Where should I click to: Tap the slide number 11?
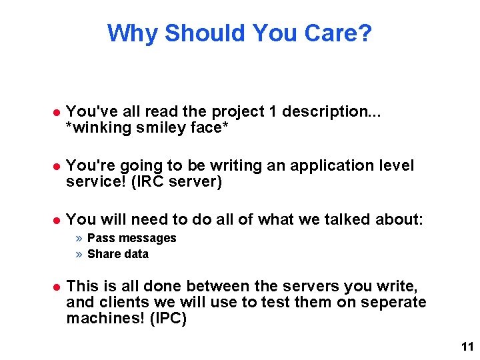click(x=466, y=347)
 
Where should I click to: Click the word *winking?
click(x=95, y=127)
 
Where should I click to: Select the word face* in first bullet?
click(x=211, y=127)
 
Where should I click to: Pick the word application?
click(x=333, y=165)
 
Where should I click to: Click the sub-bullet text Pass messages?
click(x=132, y=238)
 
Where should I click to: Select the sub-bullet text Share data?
click(x=118, y=254)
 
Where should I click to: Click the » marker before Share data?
click(x=79, y=254)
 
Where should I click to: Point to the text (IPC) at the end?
click(x=169, y=319)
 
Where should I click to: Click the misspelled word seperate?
click(x=393, y=303)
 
